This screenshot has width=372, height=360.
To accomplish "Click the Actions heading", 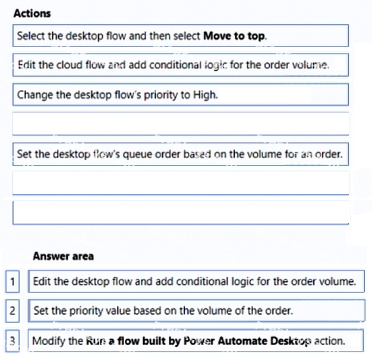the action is [x=32, y=13].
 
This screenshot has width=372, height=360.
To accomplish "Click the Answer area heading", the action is [x=64, y=256].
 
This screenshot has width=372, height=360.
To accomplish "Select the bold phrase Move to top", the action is [x=235, y=36].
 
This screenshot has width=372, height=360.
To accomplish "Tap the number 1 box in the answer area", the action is [x=12, y=281].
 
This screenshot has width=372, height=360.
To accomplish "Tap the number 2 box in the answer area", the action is [x=12, y=311].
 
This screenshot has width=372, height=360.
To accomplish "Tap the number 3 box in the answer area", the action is [x=12, y=341].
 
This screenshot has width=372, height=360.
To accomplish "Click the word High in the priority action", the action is [x=205, y=95].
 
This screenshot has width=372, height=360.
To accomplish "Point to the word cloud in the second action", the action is [x=69, y=65].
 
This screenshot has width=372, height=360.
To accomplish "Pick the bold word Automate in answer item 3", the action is [x=242, y=341].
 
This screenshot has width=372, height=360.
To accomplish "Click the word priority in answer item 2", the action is [x=86, y=311].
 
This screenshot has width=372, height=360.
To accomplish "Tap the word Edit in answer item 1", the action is [x=42, y=281].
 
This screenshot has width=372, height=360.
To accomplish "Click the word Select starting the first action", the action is [x=31, y=36].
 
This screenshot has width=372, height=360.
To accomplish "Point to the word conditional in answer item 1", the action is [x=202, y=281].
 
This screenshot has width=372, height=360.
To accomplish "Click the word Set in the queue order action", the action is [x=24, y=155].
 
